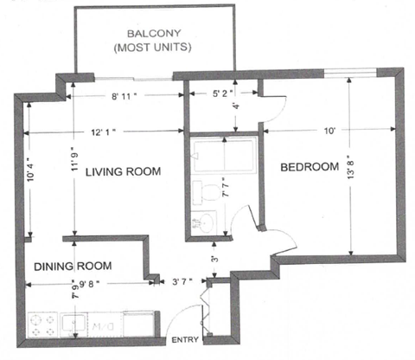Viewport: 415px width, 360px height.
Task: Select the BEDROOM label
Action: (308, 167)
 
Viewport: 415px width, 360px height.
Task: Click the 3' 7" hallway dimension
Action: (183, 281)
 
